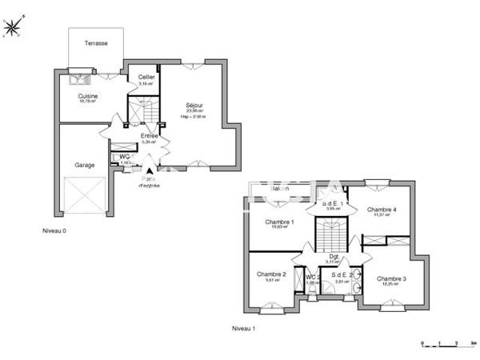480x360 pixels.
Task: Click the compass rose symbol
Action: pyautogui.click(x=13, y=27)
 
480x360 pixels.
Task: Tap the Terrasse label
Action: pyautogui.click(x=98, y=43)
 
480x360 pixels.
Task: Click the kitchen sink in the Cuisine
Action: pyautogui.click(x=80, y=78)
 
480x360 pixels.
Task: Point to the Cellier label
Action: pyautogui.click(x=146, y=77)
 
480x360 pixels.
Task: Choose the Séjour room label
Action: pyautogui.click(x=194, y=106)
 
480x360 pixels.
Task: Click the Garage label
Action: pyautogui.click(x=86, y=165)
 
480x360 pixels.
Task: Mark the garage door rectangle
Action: pyautogui.click(x=85, y=196)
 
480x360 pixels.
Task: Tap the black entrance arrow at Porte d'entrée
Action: pyautogui.click(x=149, y=170)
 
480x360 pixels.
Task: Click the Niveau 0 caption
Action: pyautogui.click(x=54, y=230)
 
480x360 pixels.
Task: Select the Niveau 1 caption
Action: pyautogui.click(x=243, y=328)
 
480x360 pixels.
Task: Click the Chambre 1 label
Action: pyautogui.click(x=280, y=222)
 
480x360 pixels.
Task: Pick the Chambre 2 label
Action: pyautogui.click(x=270, y=274)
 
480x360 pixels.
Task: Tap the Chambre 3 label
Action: pyautogui.click(x=393, y=278)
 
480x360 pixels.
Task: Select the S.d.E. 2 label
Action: pyautogui.click(x=342, y=275)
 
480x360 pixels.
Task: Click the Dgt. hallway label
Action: pyautogui.click(x=334, y=257)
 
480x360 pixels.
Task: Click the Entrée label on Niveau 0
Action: pyautogui.click(x=149, y=136)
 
